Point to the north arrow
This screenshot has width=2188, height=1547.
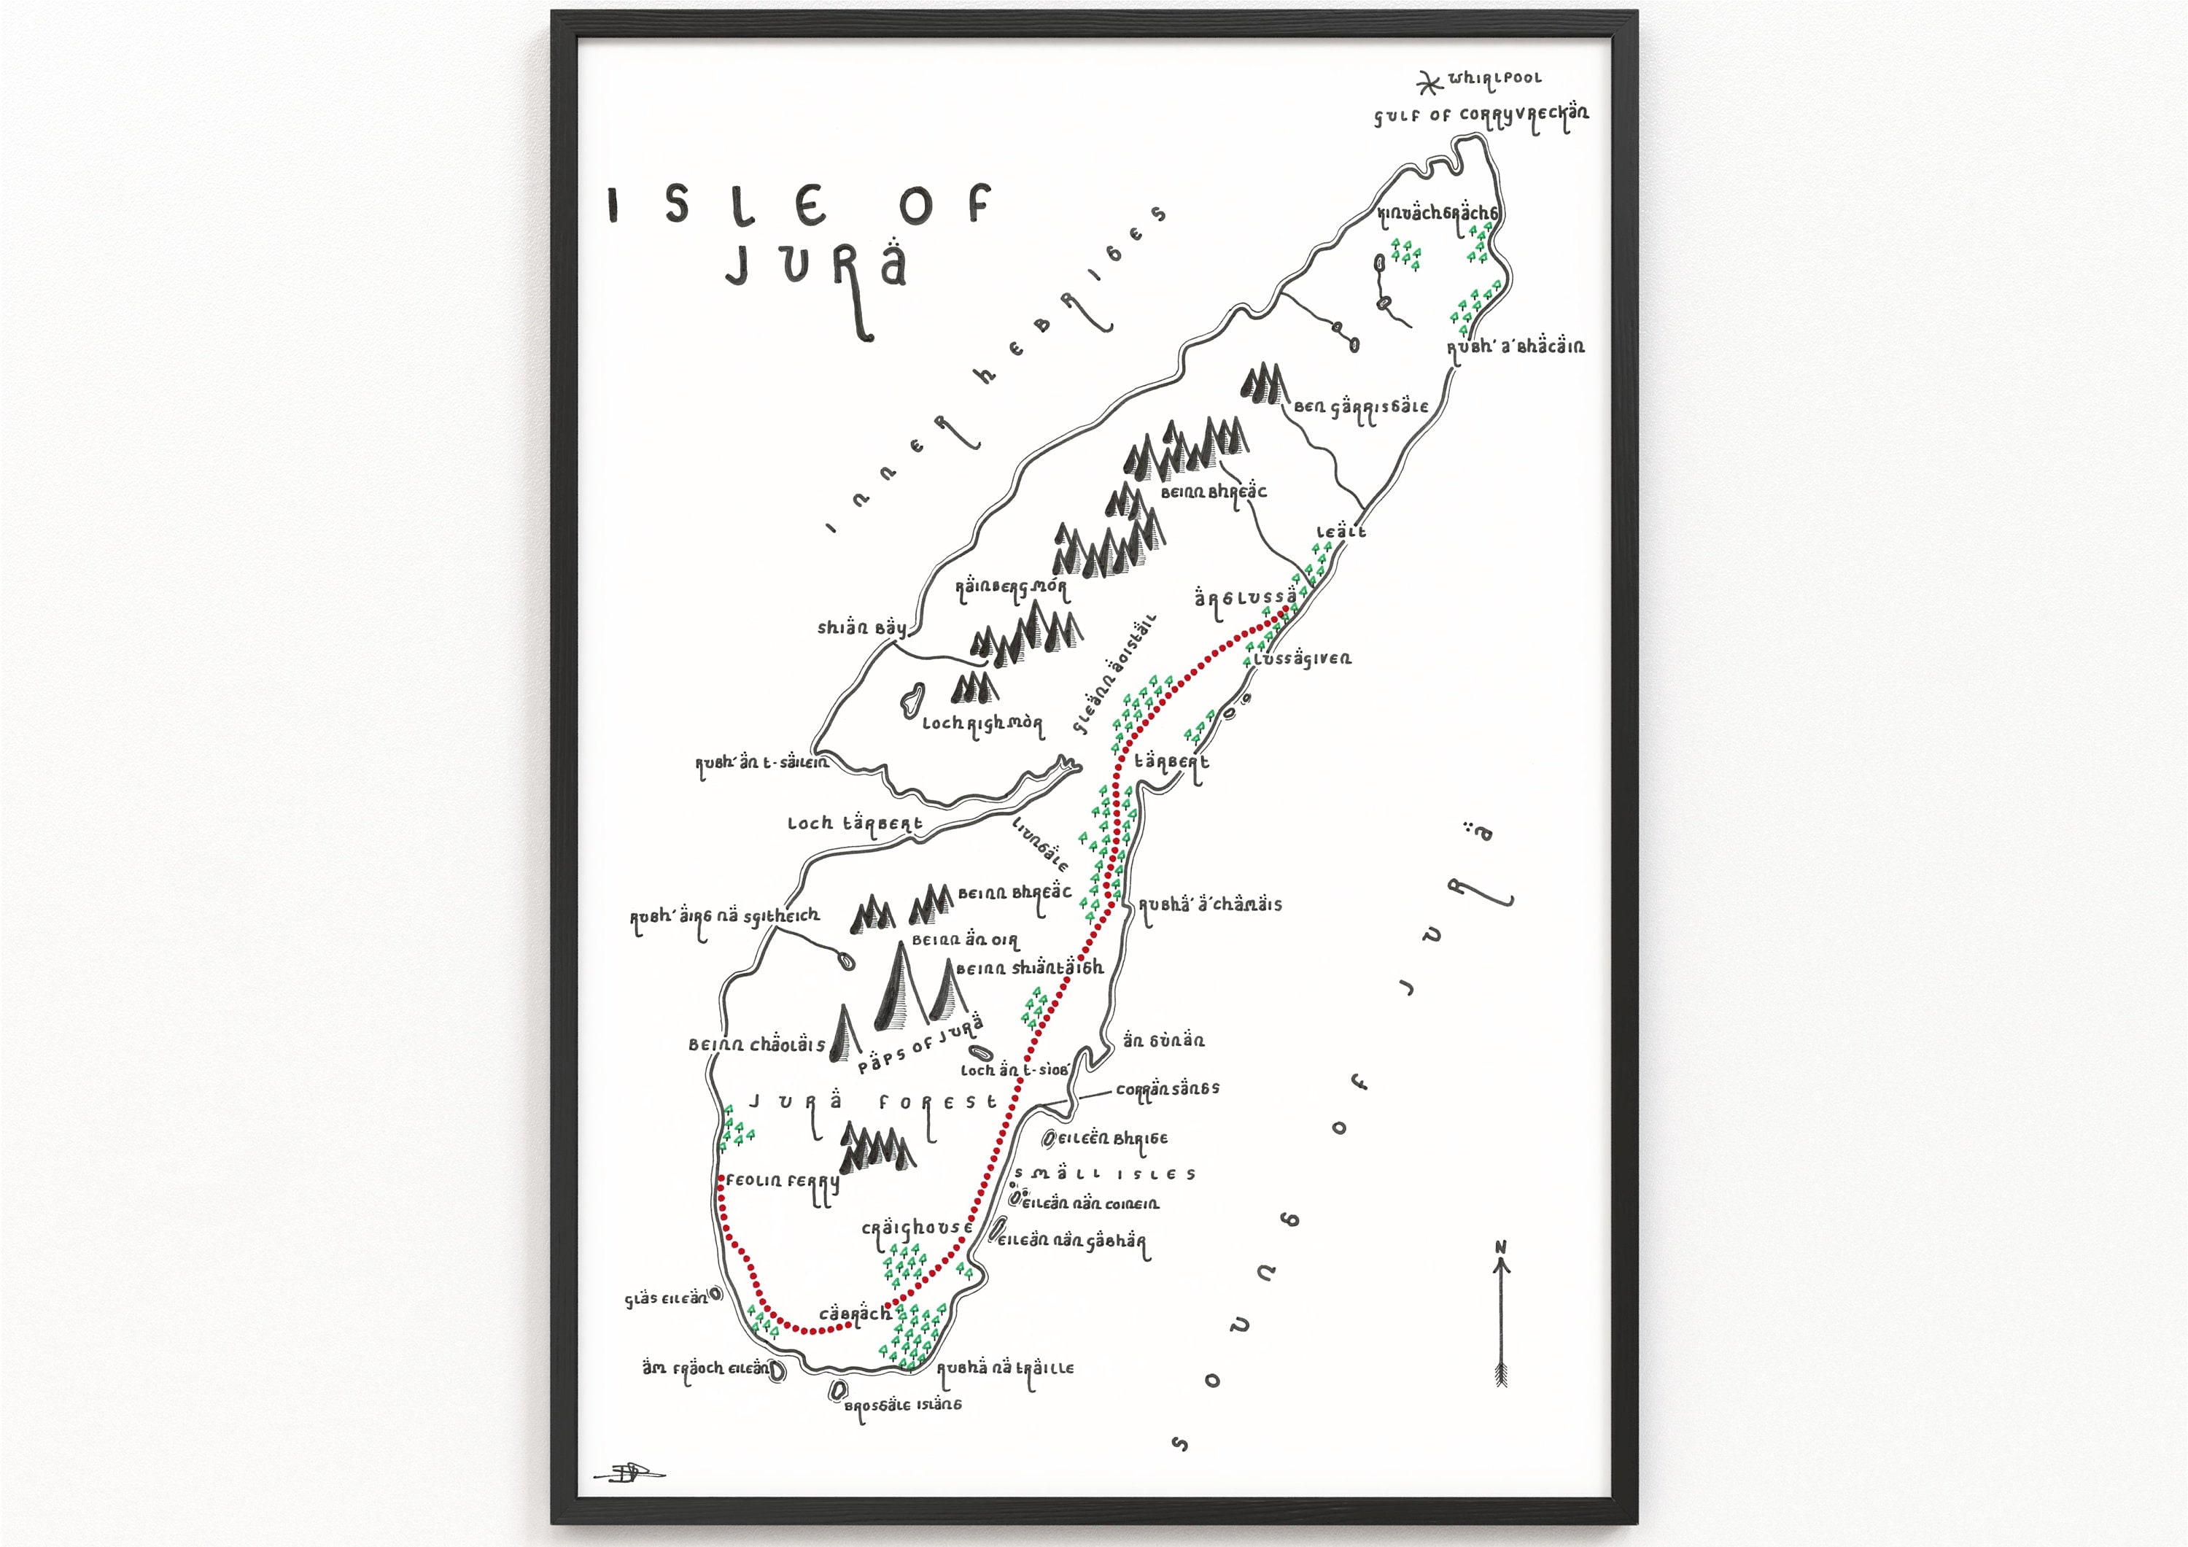point(1502,1315)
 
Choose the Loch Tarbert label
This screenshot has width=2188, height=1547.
point(854,823)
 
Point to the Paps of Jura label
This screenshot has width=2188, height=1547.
point(920,1046)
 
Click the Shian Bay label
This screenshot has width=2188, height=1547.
point(861,627)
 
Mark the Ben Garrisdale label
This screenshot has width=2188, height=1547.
point(1361,407)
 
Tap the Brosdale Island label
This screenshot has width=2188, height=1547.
point(902,1405)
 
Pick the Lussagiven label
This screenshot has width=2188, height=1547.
point(1303,659)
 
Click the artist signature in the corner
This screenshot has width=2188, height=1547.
point(628,1473)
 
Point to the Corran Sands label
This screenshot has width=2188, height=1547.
point(1168,1088)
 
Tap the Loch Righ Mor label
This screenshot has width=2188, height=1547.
point(982,724)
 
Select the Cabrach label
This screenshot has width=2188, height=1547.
point(855,1314)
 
